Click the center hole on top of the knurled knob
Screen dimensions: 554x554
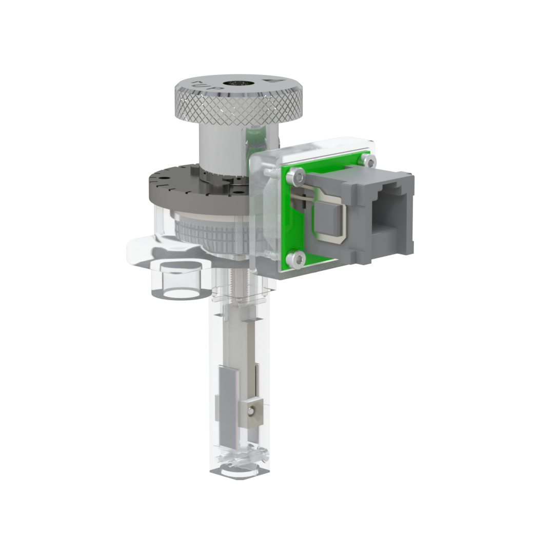click(x=235, y=84)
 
